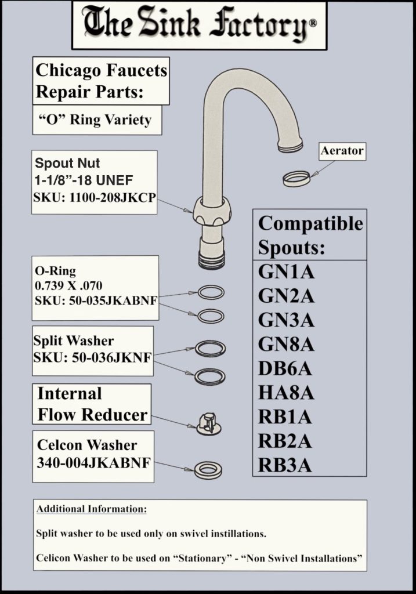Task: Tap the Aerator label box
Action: pos(342,151)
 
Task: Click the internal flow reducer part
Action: pos(209,424)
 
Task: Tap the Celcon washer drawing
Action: pos(208,470)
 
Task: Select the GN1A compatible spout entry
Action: pos(286,271)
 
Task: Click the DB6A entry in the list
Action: pos(285,368)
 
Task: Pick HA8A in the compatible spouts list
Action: pos(286,393)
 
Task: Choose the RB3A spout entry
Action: pos(285,465)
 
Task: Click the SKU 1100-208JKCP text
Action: pos(95,198)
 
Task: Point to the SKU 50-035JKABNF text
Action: pos(96,300)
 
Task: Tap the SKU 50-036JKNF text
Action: pos(92,357)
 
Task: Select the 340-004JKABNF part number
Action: pos(93,462)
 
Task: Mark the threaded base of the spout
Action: pos(212,260)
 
